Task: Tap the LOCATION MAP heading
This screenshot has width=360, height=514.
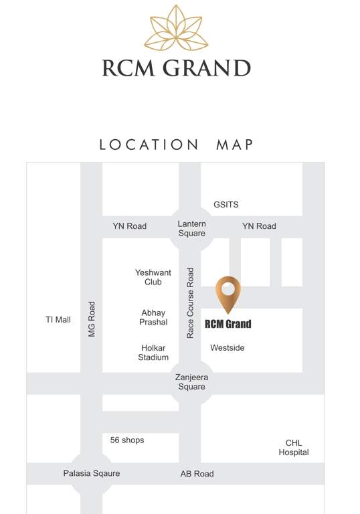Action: pos(177,145)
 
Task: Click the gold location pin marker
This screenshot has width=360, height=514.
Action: pos(228,293)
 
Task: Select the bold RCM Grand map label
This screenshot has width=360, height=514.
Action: pos(228,325)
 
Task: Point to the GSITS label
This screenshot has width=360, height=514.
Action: pos(226,204)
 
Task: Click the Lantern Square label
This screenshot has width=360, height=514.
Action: pos(191,228)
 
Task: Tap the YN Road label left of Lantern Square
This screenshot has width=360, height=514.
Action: pos(129,226)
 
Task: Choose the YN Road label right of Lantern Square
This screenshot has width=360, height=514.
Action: pos(259,226)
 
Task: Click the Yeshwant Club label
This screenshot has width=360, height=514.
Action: pos(153,277)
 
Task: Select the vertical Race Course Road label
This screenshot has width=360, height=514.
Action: pos(191,303)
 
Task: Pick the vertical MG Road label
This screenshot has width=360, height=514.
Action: pos(92,319)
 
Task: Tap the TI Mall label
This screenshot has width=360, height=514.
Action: pos(58,320)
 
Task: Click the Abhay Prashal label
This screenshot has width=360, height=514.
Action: pos(153,317)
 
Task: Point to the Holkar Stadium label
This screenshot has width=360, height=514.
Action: pos(153,353)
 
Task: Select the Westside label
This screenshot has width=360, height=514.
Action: pos(228,348)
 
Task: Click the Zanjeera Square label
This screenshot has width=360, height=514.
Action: pos(191,382)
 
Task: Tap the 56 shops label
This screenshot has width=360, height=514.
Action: pos(127,440)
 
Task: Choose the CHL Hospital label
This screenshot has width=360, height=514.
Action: pos(294,448)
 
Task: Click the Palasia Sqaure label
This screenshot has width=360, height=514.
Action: pos(92,473)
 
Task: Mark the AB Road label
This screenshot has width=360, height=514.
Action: pos(197,474)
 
